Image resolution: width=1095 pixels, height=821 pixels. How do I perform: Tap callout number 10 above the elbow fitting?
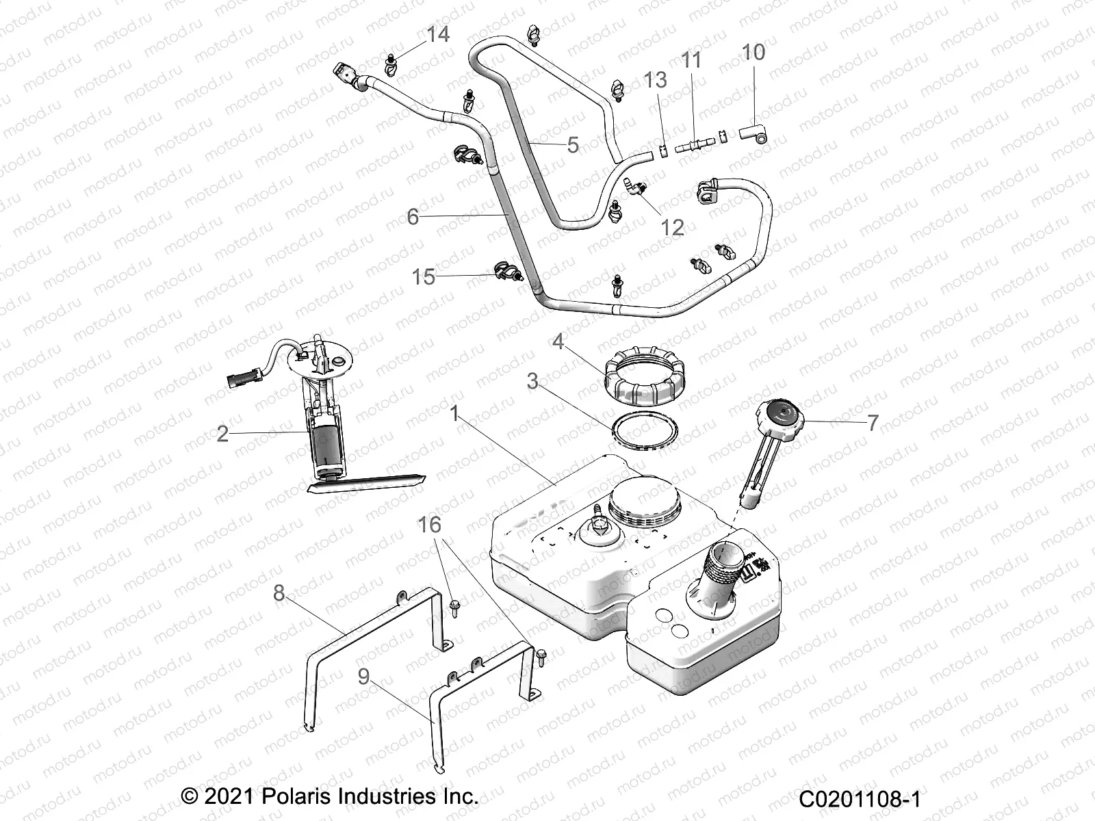tap(753, 52)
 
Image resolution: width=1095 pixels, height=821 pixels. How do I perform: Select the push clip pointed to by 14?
tap(391, 63)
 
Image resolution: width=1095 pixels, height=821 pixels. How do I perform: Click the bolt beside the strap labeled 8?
tap(454, 605)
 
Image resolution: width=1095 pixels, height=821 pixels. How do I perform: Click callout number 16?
tap(429, 525)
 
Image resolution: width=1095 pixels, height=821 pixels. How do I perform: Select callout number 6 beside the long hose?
tap(413, 217)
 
